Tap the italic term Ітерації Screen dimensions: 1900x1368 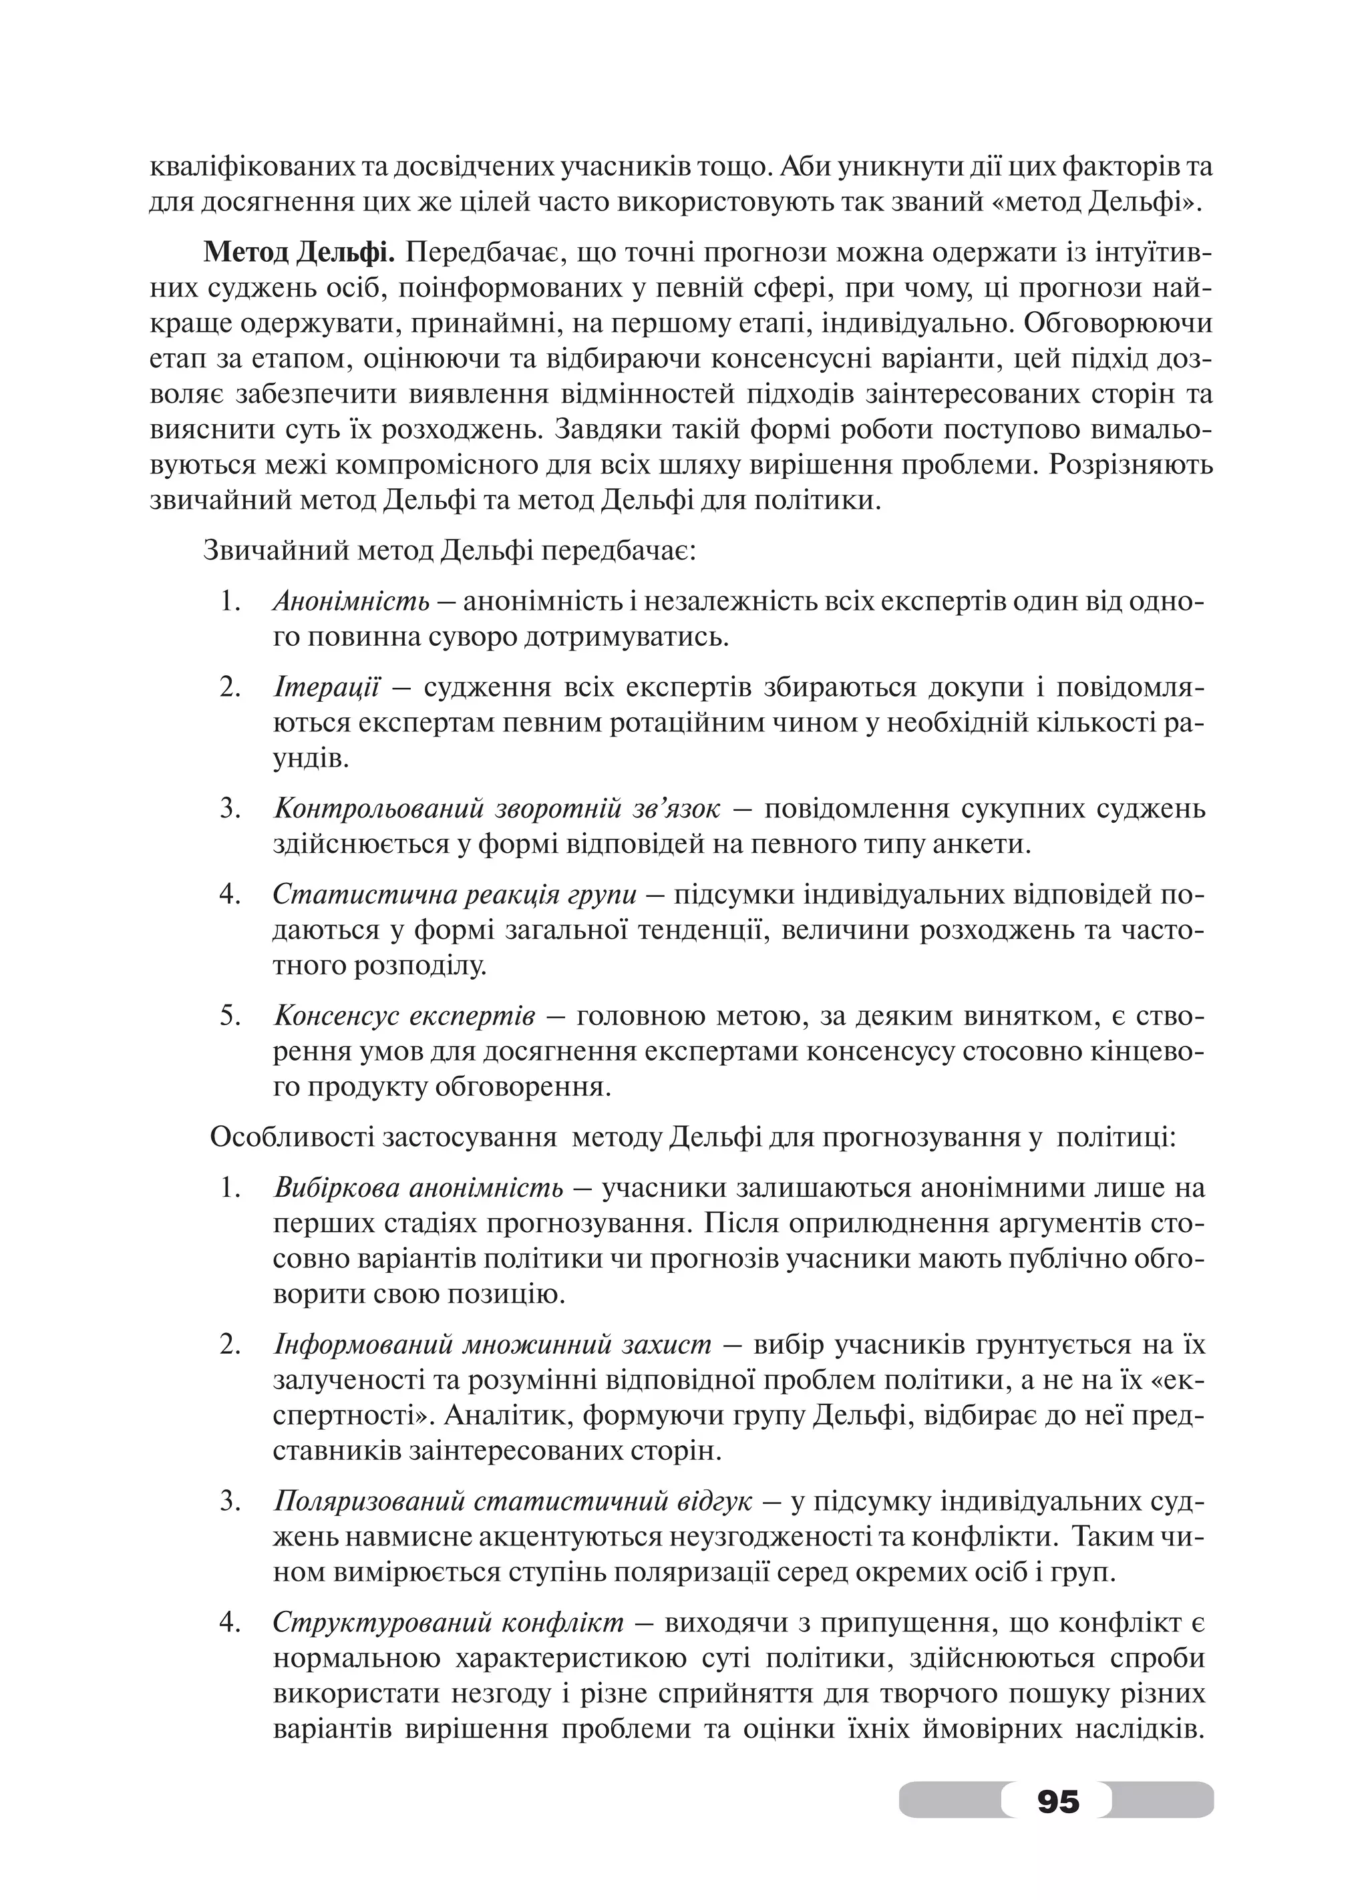point(325,688)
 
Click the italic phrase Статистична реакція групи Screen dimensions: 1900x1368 point(455,895)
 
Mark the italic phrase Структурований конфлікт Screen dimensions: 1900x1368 point(448,1622)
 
